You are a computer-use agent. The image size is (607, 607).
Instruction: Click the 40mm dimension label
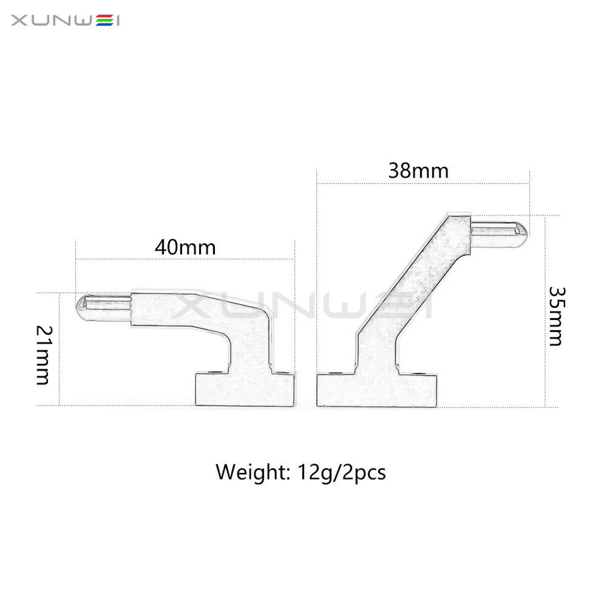(x=185, y=247)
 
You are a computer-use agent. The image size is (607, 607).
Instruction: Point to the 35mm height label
(x=555, y=316)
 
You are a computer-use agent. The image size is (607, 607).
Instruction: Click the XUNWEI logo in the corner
(x=66, y=21)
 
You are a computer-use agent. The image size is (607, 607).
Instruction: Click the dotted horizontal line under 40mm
(x=185, y=259)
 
